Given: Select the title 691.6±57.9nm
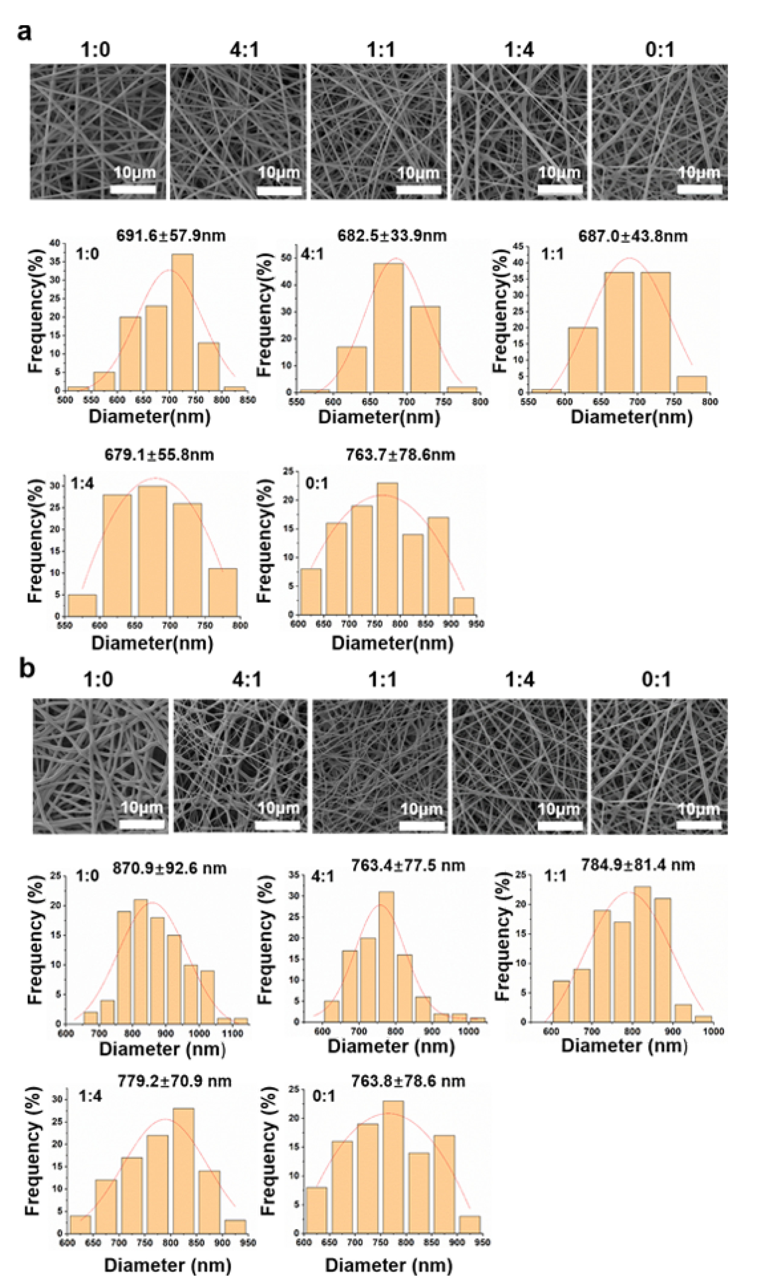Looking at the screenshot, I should point(171,236).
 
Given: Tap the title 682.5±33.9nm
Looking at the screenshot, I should point(392,236).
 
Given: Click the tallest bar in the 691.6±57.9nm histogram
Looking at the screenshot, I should point(182,322).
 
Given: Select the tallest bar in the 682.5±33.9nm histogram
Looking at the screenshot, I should point(388,327).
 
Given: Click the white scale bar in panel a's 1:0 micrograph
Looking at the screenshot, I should point(133,190).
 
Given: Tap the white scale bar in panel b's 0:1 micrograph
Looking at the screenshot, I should point(699,824).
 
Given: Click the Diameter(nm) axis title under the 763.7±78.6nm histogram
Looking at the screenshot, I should point(392,643).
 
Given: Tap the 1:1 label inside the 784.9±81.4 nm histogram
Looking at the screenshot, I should point(556,876).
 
